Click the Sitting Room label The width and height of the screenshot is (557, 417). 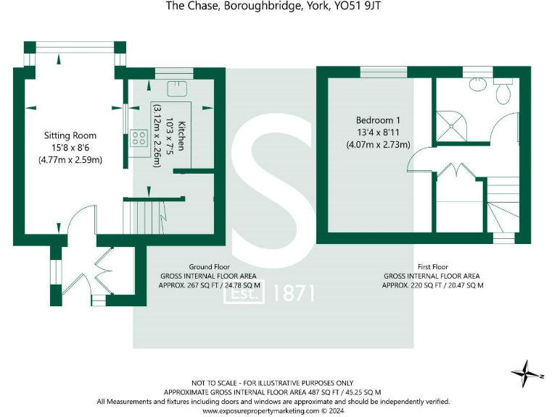70,135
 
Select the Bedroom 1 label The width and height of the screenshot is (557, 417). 378,119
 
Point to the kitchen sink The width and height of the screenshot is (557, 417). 176,88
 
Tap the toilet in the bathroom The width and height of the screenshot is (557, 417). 503,91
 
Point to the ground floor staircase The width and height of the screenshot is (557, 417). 144,211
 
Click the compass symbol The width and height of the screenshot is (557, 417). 523,374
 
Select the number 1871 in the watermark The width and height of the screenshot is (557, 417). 294,292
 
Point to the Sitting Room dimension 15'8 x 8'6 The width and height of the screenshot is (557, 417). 70,148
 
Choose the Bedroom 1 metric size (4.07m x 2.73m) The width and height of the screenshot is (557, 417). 378,144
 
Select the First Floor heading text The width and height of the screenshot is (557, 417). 432,266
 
